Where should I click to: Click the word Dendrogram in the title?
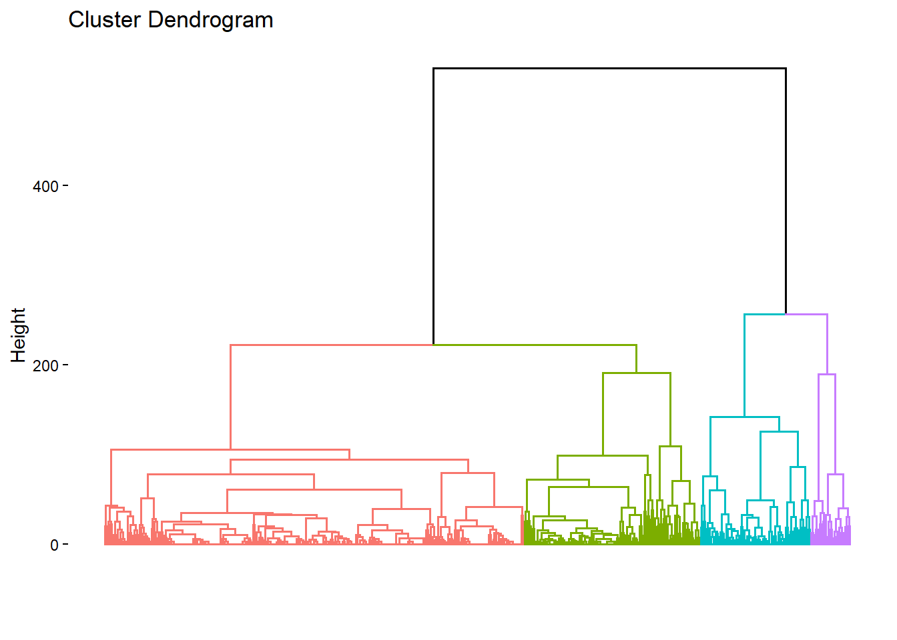(x=210, y=21)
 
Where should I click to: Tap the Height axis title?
(x=18, y=335)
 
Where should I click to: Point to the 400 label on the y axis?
(x=45, y=187)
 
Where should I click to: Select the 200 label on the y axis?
(x=45, y=366)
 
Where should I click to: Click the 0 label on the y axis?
(x=54, y=545)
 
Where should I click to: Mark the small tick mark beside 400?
(x=65, y=186)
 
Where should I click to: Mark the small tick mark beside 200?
(x=65, y=365)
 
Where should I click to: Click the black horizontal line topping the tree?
(x=609, y=68)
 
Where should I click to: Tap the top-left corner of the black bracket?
(x=433, y=68)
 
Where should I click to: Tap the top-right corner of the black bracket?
(x=786, y=68)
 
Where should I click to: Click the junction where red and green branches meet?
(x=433, y=345)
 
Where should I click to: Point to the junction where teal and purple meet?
(x=786, y=314)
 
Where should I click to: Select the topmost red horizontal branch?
(x=332, y=345)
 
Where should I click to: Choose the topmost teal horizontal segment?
(x=765, y=314)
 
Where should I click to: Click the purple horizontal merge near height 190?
(x=827, y=375)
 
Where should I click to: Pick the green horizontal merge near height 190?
(x=637, y=373)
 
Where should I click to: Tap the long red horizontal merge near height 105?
(x=230, y=450)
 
